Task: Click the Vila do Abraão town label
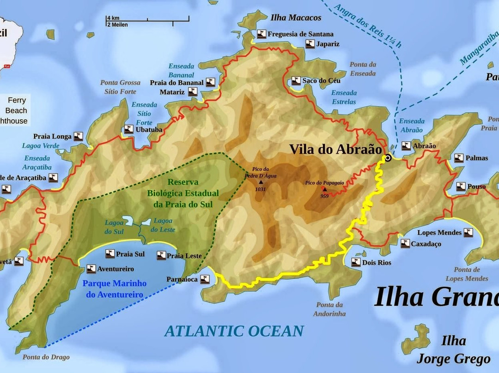click(336, 150)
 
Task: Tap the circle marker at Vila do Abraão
click(388, 158)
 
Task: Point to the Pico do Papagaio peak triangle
click(324, 189)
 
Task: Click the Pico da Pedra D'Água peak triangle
click(261, 182)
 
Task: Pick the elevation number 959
click(324, 196)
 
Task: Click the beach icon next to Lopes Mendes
click(468, 233)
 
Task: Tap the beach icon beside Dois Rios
click(356, 262)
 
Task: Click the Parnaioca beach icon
click(205, 279)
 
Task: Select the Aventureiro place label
click(116, 269)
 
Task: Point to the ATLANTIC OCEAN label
click(234, 331)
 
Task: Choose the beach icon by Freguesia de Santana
click(262, 34)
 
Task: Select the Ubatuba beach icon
click(129, 130)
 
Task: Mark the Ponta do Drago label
click(46, 357)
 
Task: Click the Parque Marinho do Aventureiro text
click(115, 289)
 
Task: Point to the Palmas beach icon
click(459, 158)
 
